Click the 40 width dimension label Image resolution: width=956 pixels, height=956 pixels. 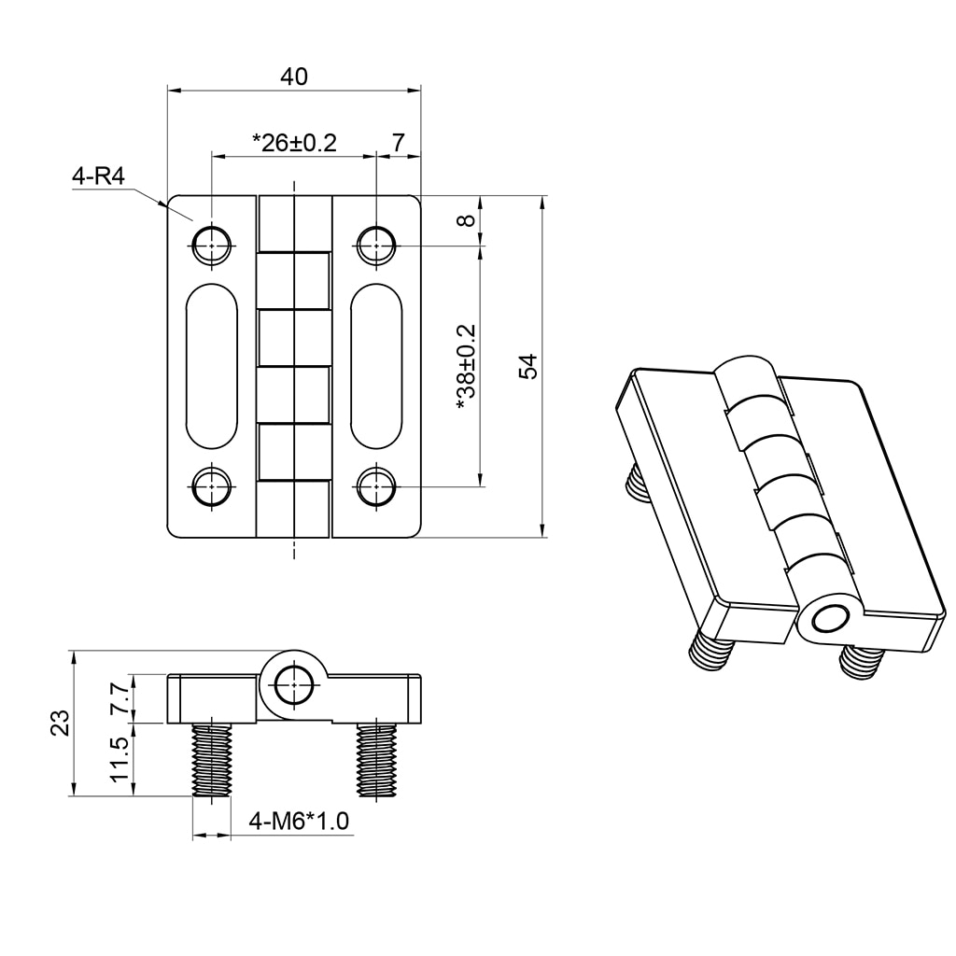[x=294, y=77]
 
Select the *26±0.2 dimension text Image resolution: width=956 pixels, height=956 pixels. [x=293, y=143]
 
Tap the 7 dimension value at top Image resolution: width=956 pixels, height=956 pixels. [x=399, y=143]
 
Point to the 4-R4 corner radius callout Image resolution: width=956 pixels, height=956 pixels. [x=98, y=176]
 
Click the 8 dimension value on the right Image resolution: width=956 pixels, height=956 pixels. [x=467, y=221]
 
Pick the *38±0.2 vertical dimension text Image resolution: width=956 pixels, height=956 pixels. [x=466, y=368]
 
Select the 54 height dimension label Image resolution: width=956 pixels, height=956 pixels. [x=529, y=366]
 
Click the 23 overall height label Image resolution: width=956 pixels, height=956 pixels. [x=61, y=724]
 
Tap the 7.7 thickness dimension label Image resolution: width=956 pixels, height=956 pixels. [x=119, y=698]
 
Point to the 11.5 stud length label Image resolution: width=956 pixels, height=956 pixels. [x=119, y=760]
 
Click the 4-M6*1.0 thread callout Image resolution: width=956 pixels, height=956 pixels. [x=299, y=822]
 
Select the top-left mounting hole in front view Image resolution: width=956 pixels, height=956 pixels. [x=212, y=246]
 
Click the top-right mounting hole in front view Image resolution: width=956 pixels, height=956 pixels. [x=375, y=246]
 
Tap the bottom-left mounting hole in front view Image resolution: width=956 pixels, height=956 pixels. [x=212, y=486]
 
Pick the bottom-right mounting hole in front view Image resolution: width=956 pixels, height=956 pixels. [x=375, y=486]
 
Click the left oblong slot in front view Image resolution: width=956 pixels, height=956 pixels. [x=212, y=366]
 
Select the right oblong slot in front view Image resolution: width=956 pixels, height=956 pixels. [x=376, y=366]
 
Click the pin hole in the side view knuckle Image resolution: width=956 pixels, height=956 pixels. [x=294, y=684]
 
